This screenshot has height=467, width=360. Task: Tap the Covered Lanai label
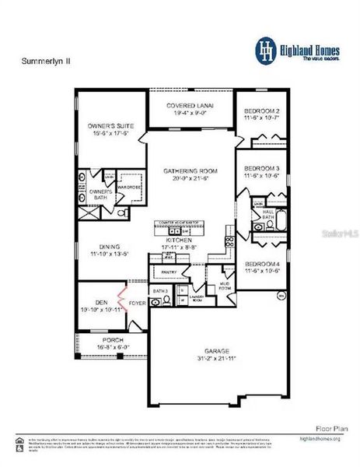click(x=190, y=105)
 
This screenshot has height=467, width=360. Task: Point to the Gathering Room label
click(x=190, y=170)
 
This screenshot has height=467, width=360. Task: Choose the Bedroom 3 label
click(x=261, y=168)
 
